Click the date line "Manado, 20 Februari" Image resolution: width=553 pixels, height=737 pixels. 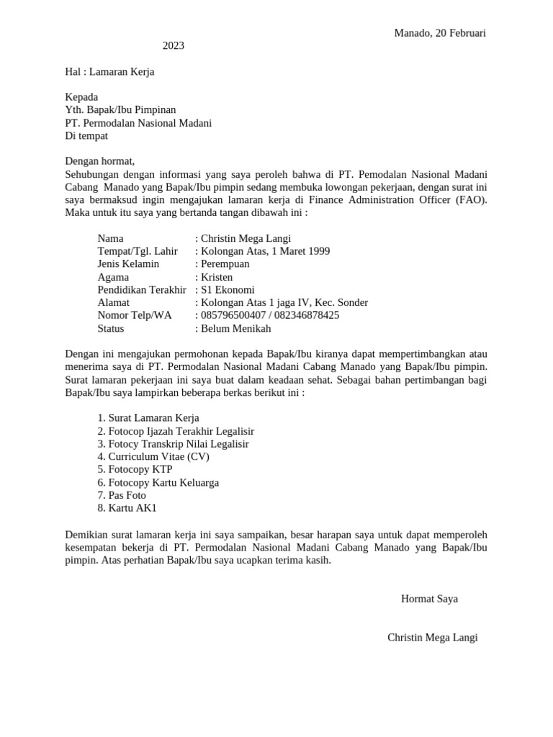coord(439,33)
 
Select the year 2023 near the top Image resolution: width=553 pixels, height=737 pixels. coord(173,46)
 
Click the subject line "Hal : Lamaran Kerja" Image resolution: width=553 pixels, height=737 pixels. coord(109,72)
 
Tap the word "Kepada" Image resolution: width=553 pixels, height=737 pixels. coord(81,97)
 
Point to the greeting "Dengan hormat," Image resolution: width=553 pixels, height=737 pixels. coord(100,161)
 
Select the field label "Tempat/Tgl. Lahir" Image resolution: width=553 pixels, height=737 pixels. coord(138,251)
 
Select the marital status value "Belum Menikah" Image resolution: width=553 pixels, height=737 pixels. coord(236,328)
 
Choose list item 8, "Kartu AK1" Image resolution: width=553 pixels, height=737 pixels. coord(127,508)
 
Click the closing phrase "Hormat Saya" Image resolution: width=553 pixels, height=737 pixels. coord(429,599)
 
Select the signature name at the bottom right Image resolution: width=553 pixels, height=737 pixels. coord(432,638)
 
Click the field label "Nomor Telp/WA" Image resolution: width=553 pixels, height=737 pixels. coord(135,315)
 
